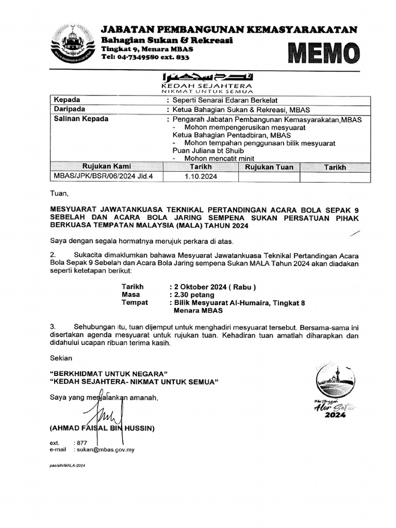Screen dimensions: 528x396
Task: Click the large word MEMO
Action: pyautogui.click(x=323, y=54)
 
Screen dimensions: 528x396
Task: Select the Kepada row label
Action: pyautogui.click(x=67, y=100)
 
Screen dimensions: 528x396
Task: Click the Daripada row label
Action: pyautogui.click(x=70, y=109)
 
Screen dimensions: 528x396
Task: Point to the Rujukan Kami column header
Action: pyautogui.click(x=107, y=167)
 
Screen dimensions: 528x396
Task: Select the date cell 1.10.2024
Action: pyautogui.click(x=201, y=176)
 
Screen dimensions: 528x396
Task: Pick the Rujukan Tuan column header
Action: pyautogui.click(x=269, y=167)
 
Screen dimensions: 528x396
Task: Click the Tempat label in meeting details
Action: pyautogui.click(x=134, y=303)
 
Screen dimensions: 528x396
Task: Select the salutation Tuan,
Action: pyautogui.click(x=59, y=194)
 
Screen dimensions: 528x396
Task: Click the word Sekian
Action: pyautogui.click(x=61, y=357)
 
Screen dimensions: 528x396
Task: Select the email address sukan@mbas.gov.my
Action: pyautogui.click(x=107, y=450)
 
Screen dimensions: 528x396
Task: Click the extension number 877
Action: pyautogui.click(x=82, y=443)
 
